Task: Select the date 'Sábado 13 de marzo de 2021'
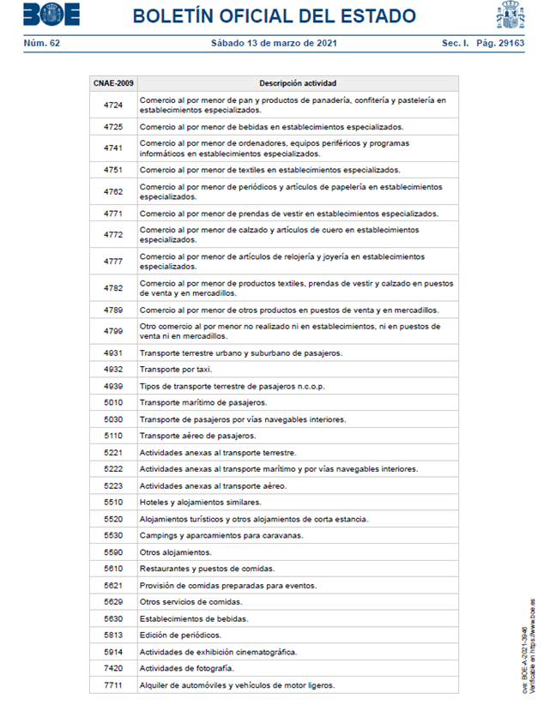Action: (274, 43)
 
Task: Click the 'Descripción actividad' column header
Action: (298, 83)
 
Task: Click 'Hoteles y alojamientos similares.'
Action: (200, 503)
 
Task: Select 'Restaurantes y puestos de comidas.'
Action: (207, 569)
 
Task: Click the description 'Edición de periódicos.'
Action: (180, 635)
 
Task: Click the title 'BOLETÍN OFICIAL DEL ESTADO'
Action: (275, 16)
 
